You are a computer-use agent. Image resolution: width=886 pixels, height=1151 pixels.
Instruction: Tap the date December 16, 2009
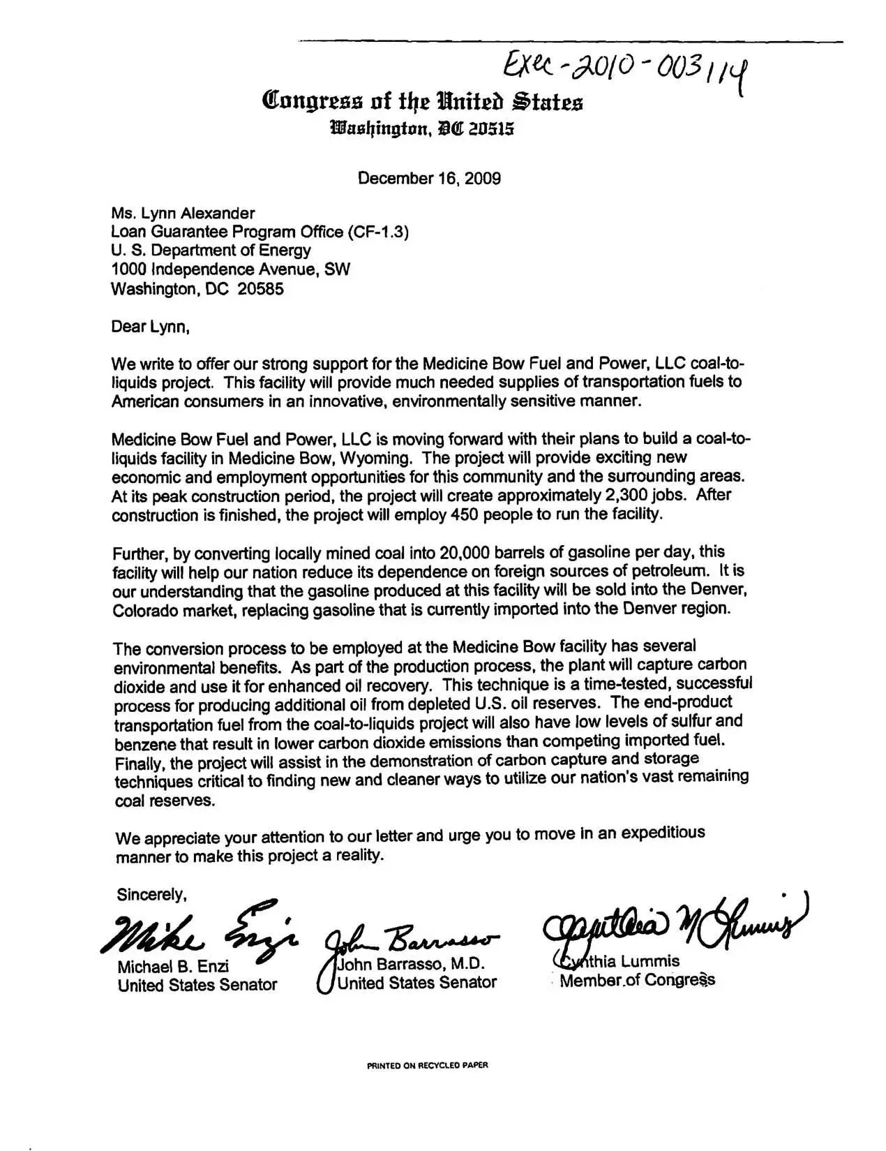pyautogui.click(x=429, y=178)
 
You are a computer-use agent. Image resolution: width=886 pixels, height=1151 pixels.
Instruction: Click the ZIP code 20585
pyautogui.click(x=260, y=289)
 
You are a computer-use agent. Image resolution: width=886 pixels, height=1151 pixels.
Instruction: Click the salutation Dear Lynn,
pyautogui.click(x=150, y=326)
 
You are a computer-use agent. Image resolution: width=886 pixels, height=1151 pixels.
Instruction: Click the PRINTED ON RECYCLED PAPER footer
pyautogui.click(x=428, y=1066)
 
